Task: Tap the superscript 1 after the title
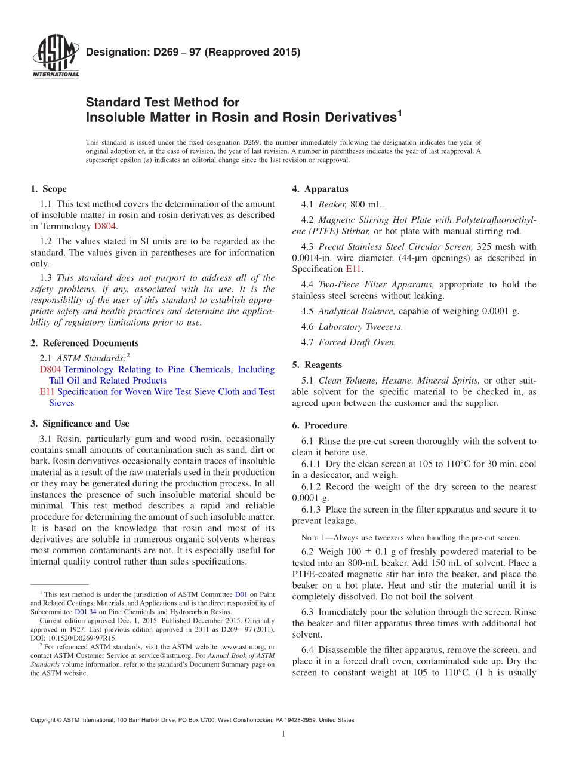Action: point(400,112)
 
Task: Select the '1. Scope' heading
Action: point(48,189)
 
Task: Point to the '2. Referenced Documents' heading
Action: point(84,343)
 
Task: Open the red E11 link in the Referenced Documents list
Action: point(46,392)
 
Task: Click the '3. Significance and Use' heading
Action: point(79,424)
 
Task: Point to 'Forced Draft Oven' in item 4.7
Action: point(357,342)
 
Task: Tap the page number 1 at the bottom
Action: point(283,734)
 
